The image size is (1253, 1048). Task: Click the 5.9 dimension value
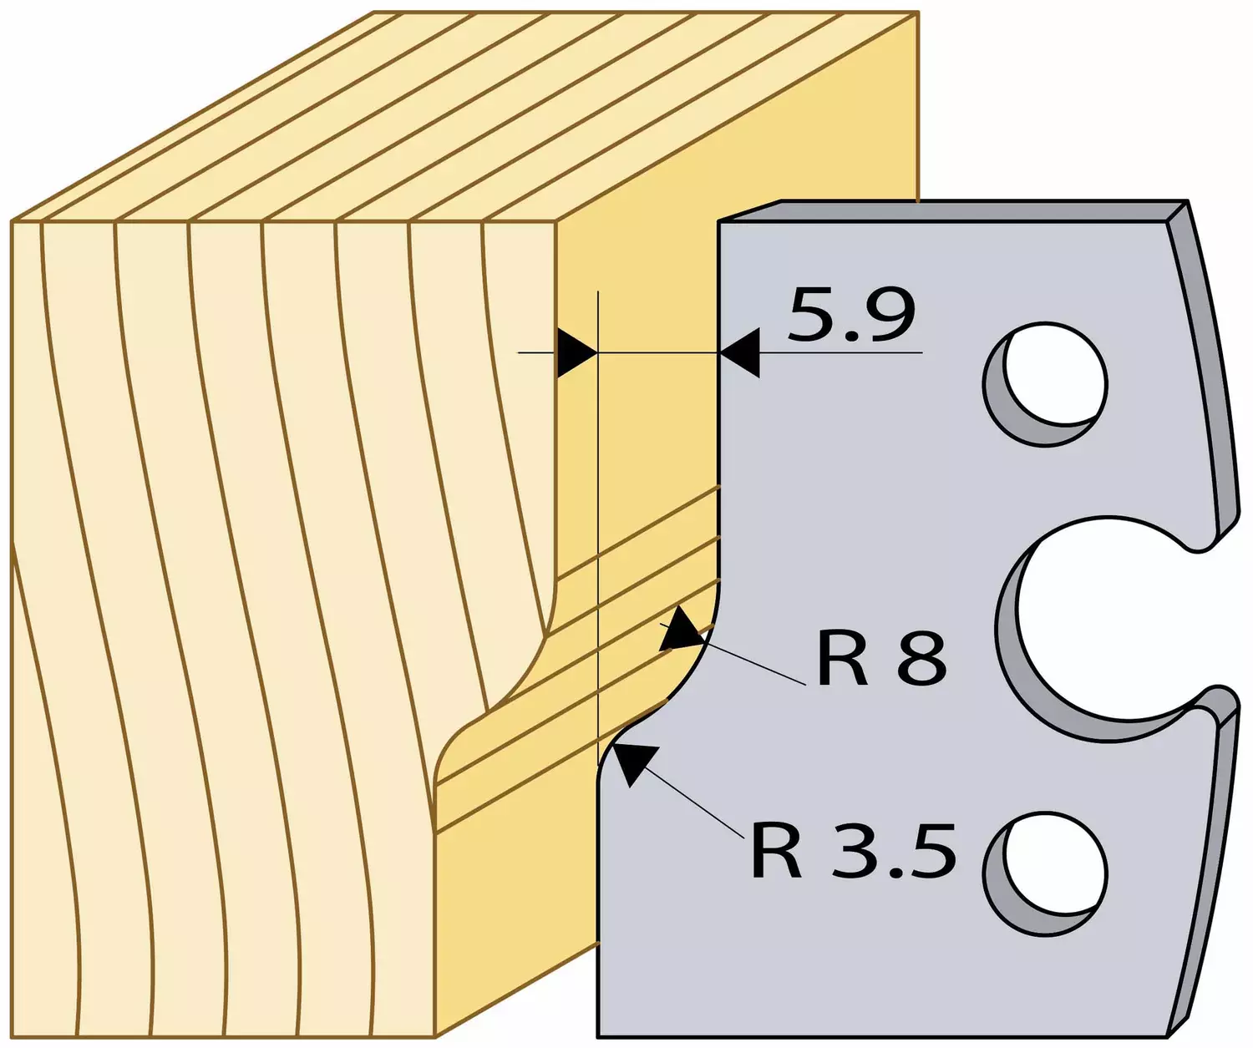(851, 316)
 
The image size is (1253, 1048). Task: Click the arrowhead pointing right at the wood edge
(576, 352)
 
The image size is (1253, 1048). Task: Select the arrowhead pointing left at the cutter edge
(739, 352)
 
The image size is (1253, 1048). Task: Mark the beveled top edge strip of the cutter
(954, 211)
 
